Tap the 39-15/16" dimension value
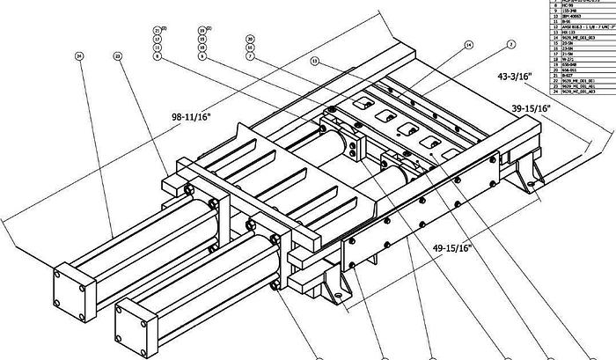(x=530, y=108)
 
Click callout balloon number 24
(x=79, y=55)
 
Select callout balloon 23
(x=117, y=55)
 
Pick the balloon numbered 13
(x=314, y=61)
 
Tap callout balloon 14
(x=468, y=44)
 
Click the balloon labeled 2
(x=510, y=44)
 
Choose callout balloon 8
(x=157, y=56)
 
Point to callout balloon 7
(x=250, y=56)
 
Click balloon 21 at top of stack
(x=157, y=31)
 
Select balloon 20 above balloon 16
(x=250, y=39)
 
